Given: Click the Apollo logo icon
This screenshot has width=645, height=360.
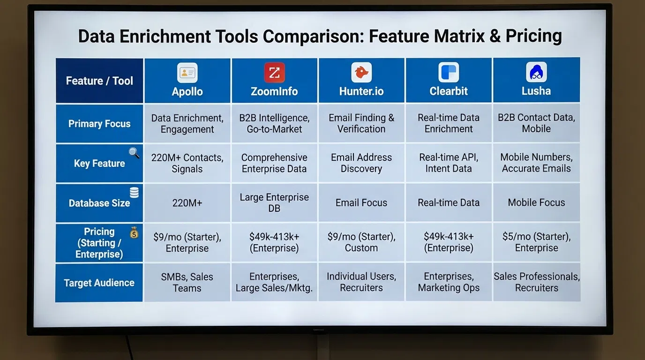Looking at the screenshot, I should tap(187, 73).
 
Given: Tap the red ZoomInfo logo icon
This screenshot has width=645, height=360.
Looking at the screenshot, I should tap(274, 73).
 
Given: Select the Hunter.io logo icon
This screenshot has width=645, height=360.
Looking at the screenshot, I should tap(361, 73).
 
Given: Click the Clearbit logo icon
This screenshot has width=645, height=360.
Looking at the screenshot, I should tap(449, 73).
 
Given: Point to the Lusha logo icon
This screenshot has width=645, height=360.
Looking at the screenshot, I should tap(536, 73).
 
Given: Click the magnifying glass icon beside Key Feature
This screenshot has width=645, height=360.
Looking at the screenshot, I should tap(134, 152).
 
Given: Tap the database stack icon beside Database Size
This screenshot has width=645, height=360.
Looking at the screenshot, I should tap(134, 192).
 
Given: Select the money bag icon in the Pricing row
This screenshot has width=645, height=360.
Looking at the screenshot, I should tap(134, 232).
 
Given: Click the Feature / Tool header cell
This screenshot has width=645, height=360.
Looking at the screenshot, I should tap(99, 81).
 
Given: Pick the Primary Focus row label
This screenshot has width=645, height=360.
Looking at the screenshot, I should tap(99, 124).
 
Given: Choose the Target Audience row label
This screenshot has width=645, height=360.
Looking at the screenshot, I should tap(99, 283).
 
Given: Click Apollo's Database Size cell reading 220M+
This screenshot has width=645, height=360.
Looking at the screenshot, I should tap(187, 203).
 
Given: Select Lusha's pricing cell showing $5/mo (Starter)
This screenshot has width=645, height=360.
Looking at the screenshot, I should tap(536, 242).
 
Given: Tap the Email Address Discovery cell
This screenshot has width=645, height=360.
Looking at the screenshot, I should tap(361, 163).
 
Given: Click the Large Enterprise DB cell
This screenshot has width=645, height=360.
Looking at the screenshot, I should tap(274, 202).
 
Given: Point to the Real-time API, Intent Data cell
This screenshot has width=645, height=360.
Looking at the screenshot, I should tap(449, 163).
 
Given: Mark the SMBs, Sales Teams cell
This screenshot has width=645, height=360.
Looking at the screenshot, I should tap(187, 283).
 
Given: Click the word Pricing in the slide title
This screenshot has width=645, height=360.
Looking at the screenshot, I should tap(533, 36).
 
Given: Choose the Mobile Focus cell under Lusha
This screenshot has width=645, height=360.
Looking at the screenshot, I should tap(536, 203).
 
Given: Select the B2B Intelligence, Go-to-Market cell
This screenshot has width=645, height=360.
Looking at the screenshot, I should tap(274, 123).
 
